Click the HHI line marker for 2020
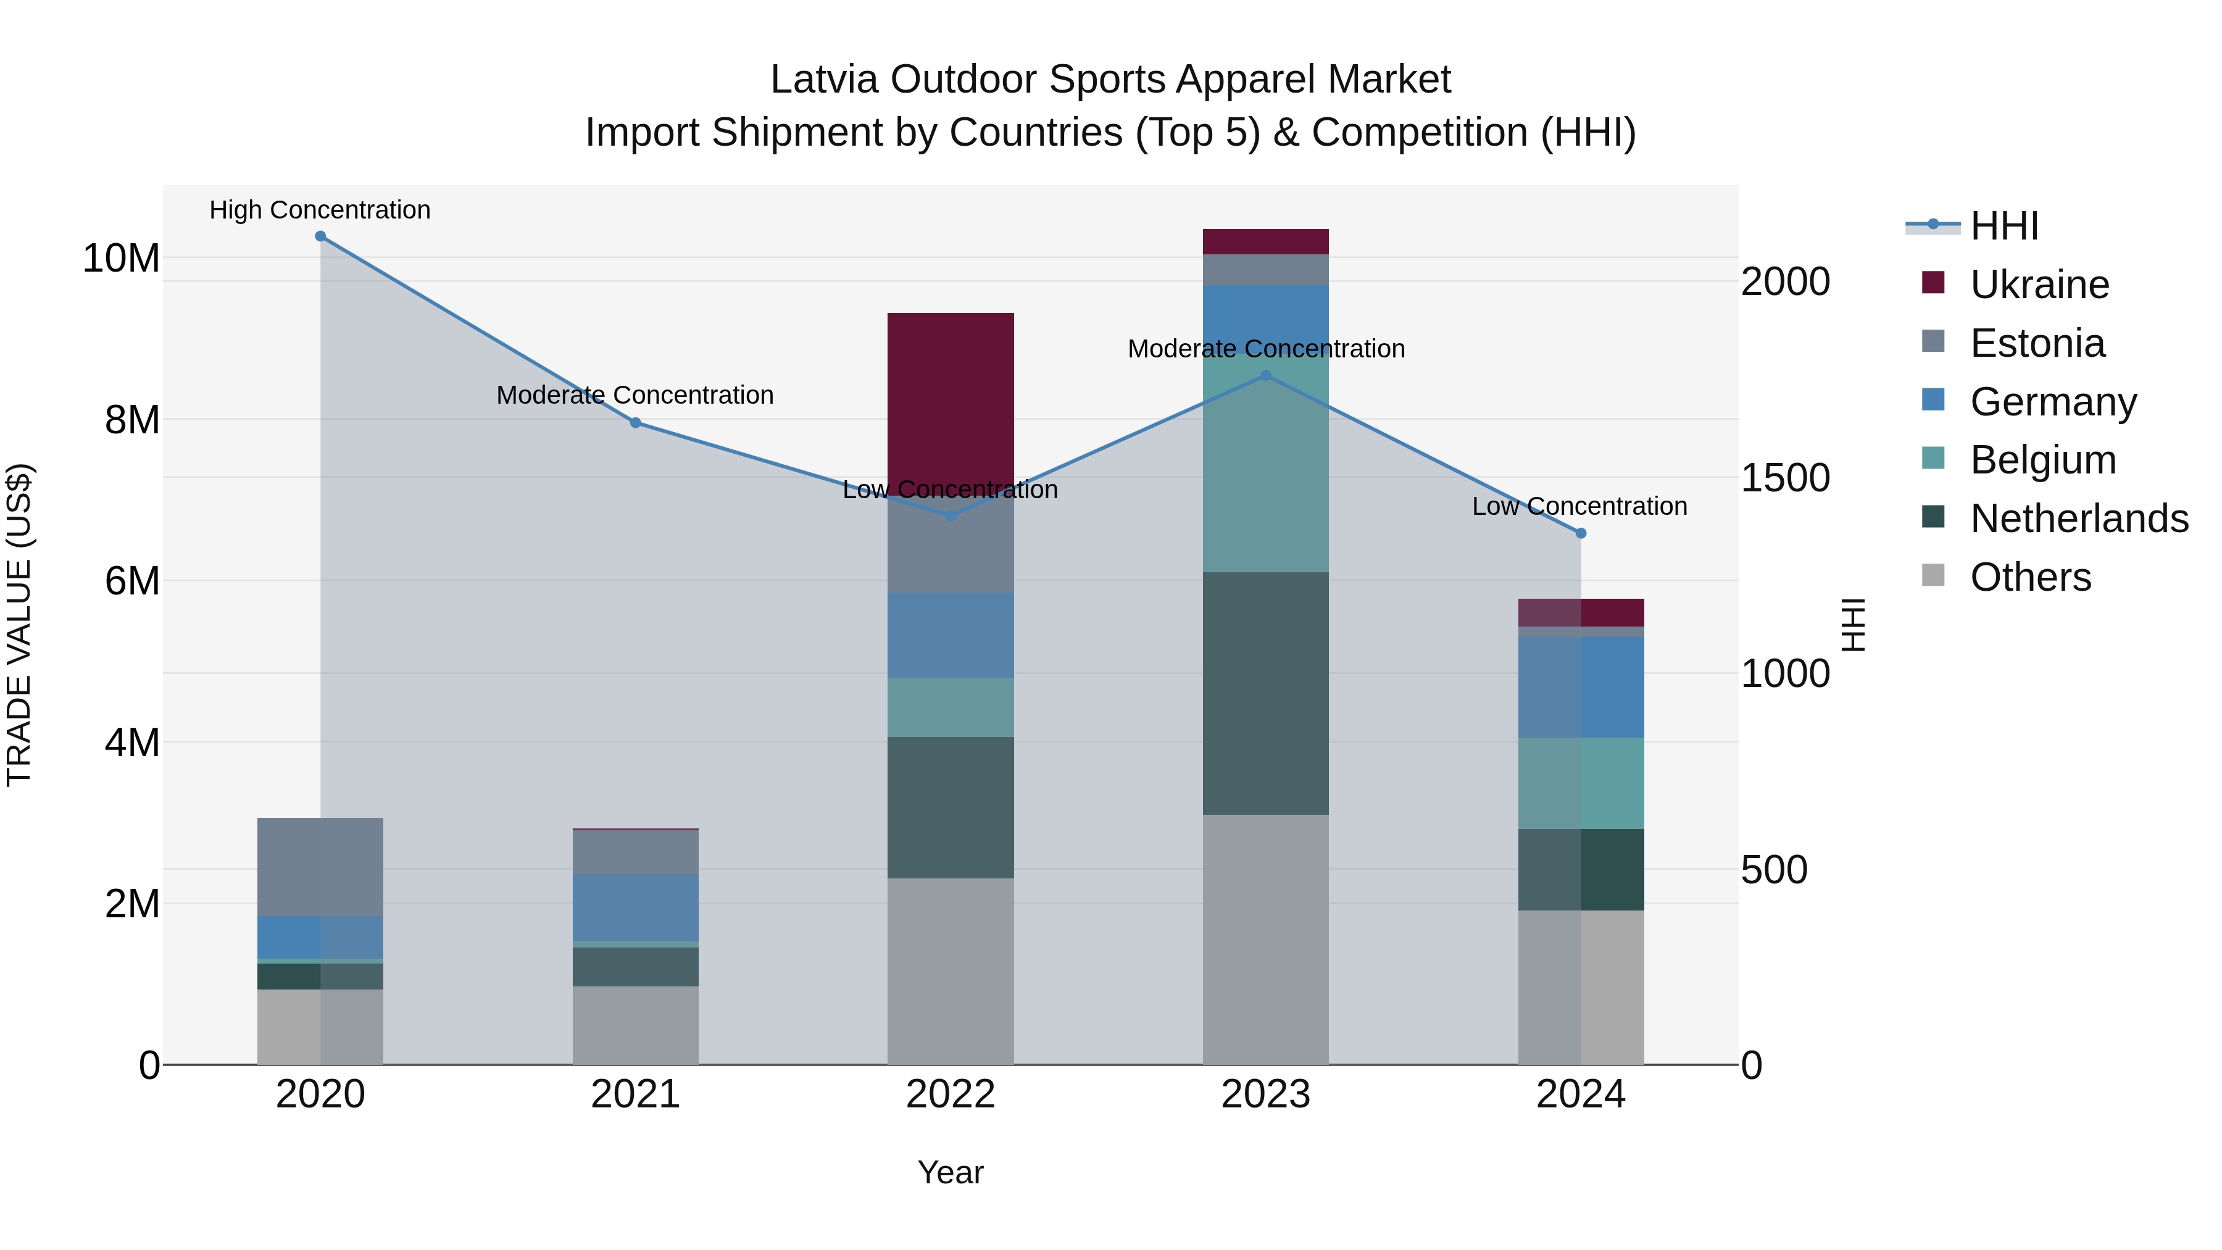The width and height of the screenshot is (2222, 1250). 320,236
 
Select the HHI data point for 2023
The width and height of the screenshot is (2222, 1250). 1265,375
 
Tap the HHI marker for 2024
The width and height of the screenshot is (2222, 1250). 1580,533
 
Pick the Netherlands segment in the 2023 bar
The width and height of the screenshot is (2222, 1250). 1265,693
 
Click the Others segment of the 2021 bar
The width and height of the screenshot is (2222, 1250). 635,1025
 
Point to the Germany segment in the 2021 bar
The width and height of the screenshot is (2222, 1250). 635,907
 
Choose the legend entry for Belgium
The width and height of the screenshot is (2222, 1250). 2042,460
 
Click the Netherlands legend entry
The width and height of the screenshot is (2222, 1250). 2079,519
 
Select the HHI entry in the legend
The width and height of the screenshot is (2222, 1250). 2004,226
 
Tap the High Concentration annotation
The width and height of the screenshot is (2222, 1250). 320,210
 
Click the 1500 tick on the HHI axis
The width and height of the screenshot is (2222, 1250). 1784,477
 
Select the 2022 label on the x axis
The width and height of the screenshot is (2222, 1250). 951,1094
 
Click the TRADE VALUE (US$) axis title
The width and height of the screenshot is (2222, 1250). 20,625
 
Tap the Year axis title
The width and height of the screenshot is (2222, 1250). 951,1172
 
